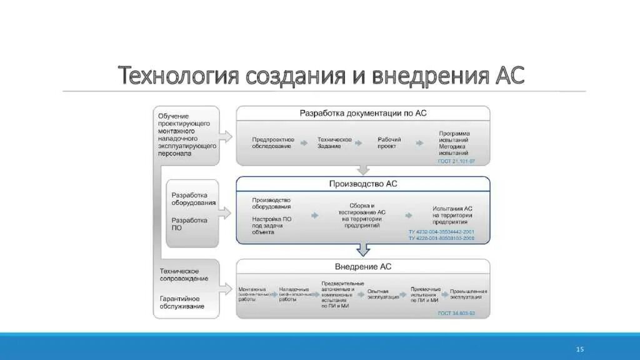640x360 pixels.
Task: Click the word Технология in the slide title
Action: point(179,76)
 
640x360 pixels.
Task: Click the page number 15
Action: point(579,349)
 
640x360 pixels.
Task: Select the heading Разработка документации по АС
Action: point(362,113)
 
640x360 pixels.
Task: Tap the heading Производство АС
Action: point(362,184)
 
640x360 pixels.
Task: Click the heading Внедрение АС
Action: point(364,266)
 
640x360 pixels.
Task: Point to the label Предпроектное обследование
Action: point(272,142)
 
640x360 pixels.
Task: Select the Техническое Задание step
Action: point(334,142)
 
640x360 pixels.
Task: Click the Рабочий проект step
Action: point(389,142)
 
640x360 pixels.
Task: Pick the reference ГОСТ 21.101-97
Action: point(456,161)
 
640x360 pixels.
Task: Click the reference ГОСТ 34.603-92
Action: point(456,313)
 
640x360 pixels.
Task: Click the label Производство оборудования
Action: point(272,203)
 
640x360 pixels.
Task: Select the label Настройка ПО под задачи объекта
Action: point(272,225)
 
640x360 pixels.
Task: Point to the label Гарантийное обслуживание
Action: point(182,302)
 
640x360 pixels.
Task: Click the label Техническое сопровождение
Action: point(184,274)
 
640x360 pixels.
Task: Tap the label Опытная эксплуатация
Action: point(383,294)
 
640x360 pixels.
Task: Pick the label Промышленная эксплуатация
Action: point(464,294)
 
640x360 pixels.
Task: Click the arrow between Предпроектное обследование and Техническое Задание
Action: point(304,143)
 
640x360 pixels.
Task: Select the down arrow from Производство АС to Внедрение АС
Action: point(363,249)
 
